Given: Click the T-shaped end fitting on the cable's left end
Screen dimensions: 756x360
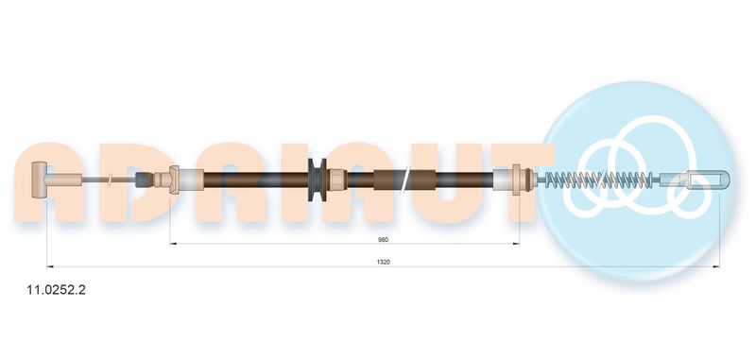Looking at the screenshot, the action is tap(38, 180).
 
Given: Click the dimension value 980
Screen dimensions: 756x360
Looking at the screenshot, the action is tap(384, 239).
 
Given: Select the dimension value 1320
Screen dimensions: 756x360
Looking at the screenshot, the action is tap(384, 262).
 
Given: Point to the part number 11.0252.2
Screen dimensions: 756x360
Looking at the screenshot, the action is tap(56, 290).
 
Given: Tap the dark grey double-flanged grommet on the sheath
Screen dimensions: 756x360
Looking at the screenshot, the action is tap(317, 180).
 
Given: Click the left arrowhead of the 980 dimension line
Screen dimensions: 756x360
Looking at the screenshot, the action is tap(173, 244).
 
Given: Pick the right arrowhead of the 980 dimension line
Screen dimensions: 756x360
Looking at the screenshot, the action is tap(516, 244).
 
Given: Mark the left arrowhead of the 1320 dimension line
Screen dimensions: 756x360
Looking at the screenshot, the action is tap(49, 266).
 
